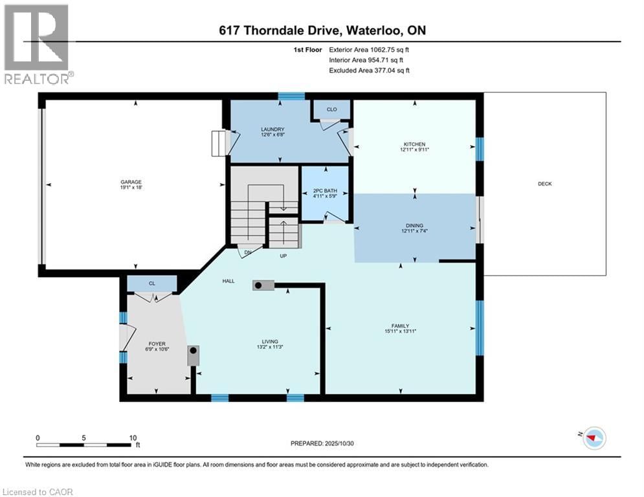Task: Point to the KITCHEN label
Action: click(414, 144)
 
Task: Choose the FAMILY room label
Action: click(399, 326)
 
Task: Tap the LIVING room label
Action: click(269, 342)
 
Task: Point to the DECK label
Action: click(544, 184)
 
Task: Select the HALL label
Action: click(228, 282)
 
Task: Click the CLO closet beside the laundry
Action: click(331, 109)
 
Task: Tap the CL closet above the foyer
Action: click(151, 283)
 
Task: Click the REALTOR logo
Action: click(37, 44)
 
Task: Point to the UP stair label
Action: click(283, 256)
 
